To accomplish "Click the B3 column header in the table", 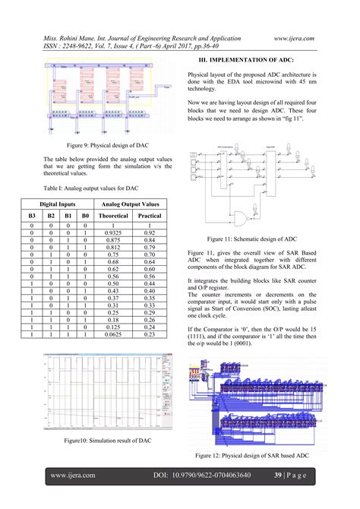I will (x=32, y=217).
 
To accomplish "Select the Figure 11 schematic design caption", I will (x=251, y=238).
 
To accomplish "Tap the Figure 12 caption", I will (x=251, y=455).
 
